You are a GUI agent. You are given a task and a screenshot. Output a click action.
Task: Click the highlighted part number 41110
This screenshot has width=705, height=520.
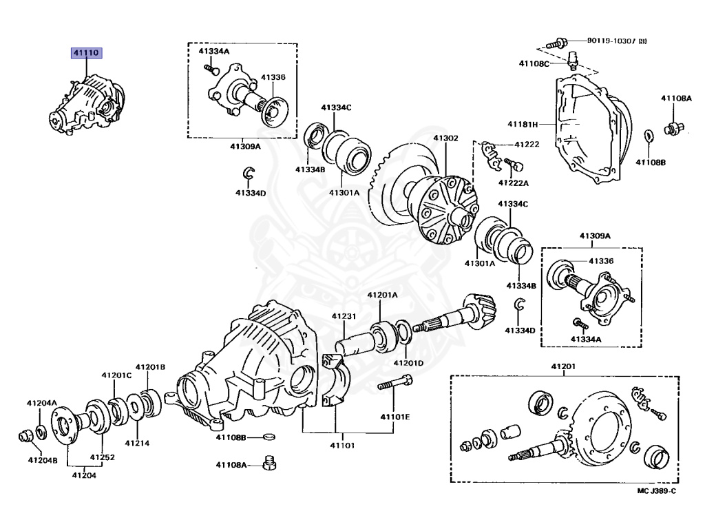[85, 52]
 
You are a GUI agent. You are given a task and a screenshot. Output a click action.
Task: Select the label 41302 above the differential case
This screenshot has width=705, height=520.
[445, 138]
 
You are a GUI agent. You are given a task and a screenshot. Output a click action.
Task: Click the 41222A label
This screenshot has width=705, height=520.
[514, 183]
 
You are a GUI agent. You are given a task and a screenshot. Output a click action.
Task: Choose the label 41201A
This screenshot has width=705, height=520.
[382, 295]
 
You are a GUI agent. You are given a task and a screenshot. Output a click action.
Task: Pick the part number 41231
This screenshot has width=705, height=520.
[344, 316]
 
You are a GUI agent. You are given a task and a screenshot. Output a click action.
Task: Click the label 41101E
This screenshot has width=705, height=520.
[395, 417]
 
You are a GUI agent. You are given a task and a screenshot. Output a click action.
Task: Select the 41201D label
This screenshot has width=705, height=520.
[408, 363]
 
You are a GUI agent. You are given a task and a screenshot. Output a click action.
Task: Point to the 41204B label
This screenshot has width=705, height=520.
[42, 459]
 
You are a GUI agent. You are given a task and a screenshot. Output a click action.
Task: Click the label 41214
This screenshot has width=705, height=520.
[137, 443]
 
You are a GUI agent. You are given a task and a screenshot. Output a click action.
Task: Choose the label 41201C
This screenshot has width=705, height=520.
[116, 375]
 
